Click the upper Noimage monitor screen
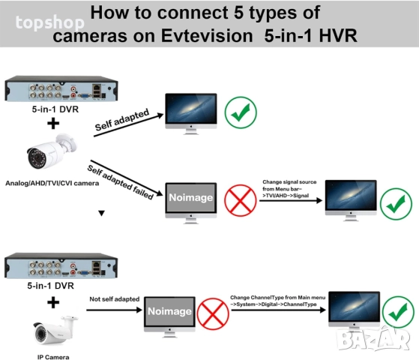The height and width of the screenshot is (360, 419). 189,198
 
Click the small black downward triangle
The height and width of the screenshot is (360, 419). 102,213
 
